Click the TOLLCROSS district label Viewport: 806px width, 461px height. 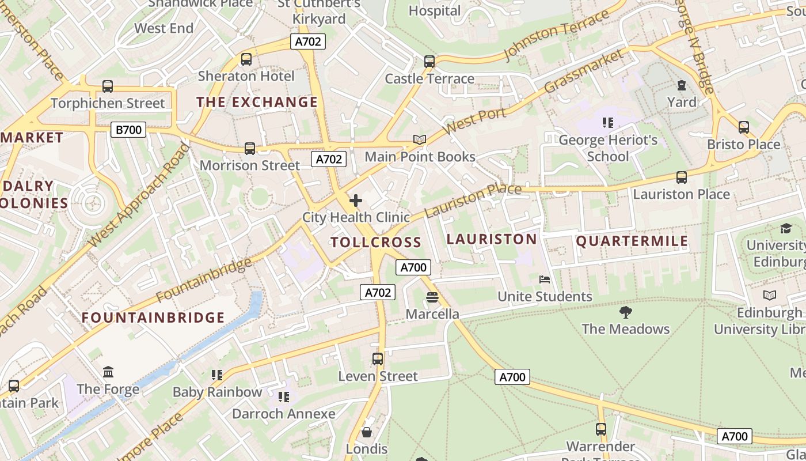(x=376, y=242)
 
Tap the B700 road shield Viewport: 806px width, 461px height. (x=128, y=130)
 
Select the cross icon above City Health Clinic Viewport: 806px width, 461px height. (x=356, y=201)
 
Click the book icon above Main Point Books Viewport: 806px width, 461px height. (x=420, y=140)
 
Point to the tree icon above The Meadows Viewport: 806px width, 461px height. (x=625, y=312)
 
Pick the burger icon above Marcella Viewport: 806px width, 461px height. (x=432, y=297)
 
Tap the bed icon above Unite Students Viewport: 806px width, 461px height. (x=545, y=279)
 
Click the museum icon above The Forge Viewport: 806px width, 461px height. (x=108, y=372)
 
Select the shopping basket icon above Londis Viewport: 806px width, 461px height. (x=367, y=432)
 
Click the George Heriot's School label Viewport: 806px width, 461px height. (x=608, y=148)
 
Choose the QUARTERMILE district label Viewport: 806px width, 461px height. (x=632, y=241)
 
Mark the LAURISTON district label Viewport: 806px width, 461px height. (x=492, y=239)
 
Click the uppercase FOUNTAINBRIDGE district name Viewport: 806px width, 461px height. (x=153, y=318)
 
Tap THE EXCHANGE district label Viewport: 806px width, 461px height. (x=257, y=102)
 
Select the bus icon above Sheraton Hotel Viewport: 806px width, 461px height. (x=246, y=59)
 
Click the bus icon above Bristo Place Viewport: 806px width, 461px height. (x=744, y=127)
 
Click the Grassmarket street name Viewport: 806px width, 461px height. (x=584, y=71)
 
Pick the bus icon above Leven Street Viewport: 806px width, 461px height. (x=378, y=359)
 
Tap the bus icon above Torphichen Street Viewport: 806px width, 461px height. (x=108, y=86)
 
